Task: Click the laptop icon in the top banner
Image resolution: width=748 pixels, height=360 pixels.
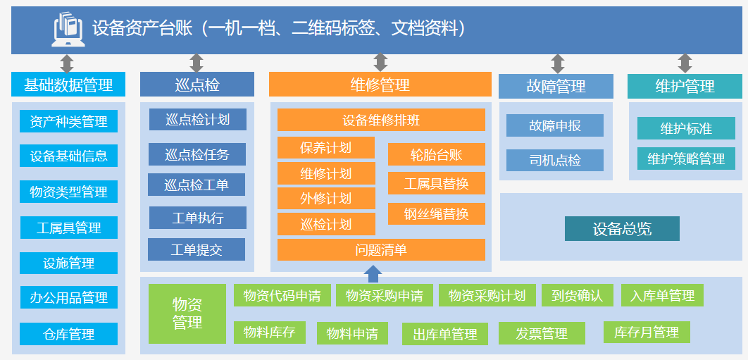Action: (69, 29)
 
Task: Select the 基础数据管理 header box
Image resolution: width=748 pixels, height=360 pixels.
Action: (68, 85)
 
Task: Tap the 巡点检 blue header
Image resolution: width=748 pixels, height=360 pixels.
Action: (197, 85)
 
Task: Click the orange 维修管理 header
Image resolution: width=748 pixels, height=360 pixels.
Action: (380, 85)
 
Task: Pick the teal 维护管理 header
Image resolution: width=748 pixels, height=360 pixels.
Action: (685, 87)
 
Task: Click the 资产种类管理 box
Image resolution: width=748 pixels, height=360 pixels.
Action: (68, 121)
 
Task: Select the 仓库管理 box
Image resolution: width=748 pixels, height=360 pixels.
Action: (68, 334)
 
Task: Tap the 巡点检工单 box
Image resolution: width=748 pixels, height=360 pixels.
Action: (197, 185)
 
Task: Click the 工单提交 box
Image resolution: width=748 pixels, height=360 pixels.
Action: (197, 249)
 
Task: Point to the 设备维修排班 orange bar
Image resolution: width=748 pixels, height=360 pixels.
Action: (381, 120)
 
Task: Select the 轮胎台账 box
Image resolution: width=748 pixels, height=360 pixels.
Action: (436, 154)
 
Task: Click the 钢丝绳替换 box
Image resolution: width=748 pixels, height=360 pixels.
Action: (436, 213)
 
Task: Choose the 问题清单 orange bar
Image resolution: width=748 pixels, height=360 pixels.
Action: (381, 249)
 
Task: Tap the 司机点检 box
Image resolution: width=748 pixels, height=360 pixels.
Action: (555, 160)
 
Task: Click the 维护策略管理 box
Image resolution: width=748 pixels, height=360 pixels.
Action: (686, 159)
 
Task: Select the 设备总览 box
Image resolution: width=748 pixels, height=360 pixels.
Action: (622, 229)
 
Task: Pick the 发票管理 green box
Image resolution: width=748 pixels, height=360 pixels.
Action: (542, 333)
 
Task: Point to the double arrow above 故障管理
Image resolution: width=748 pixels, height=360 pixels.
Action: (558, 64)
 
